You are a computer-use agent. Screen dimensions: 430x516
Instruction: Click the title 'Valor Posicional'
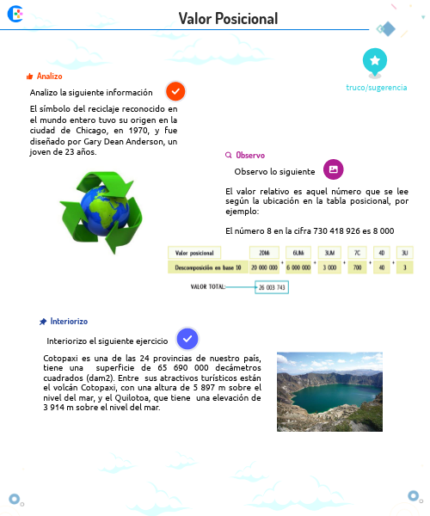point(228,19)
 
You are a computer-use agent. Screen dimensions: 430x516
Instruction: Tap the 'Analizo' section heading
point(49,77)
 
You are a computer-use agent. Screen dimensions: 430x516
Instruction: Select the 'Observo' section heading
point(250,156)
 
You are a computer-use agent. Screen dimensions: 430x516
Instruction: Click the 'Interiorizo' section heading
point(69,321)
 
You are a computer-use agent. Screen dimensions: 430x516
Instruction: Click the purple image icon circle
point(333,169)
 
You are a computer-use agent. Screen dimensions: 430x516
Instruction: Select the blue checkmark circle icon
point(187,339)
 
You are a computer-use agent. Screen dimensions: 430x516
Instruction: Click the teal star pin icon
point(376,60)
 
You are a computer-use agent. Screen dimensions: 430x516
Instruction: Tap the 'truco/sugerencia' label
point(376,88)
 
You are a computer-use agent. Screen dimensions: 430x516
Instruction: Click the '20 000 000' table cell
point(263,268)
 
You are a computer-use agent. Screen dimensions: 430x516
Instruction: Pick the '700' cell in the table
point(356,268)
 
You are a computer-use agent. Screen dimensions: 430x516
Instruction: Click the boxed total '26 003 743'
point(272,286)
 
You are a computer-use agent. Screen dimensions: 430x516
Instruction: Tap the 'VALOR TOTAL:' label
point(208,286)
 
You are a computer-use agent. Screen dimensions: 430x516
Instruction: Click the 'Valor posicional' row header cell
point(194,253)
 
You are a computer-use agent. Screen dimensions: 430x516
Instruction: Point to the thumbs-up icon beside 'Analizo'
point(30,77)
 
